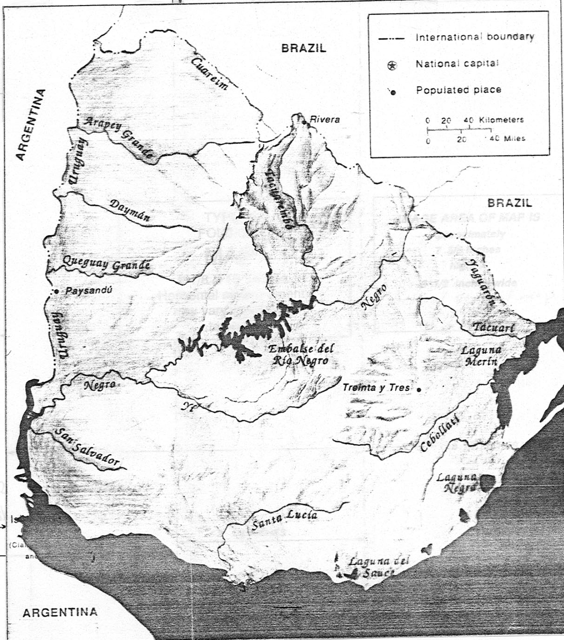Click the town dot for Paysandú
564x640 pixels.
click(56, 291)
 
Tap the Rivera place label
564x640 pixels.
click(325, 119)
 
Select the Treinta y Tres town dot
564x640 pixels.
click(419, 389)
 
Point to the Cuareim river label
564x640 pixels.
click(211, 74)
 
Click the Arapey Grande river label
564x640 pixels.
click(119, 139)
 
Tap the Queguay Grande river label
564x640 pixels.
click(106, 264)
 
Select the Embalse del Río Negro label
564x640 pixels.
click(301, 355)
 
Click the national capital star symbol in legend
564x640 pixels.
click(392, 66)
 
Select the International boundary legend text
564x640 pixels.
click(475, 37)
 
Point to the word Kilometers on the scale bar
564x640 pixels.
click(501, 120)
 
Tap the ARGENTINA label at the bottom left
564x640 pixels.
click(60, 612)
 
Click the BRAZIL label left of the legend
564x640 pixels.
click(304, 47)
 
